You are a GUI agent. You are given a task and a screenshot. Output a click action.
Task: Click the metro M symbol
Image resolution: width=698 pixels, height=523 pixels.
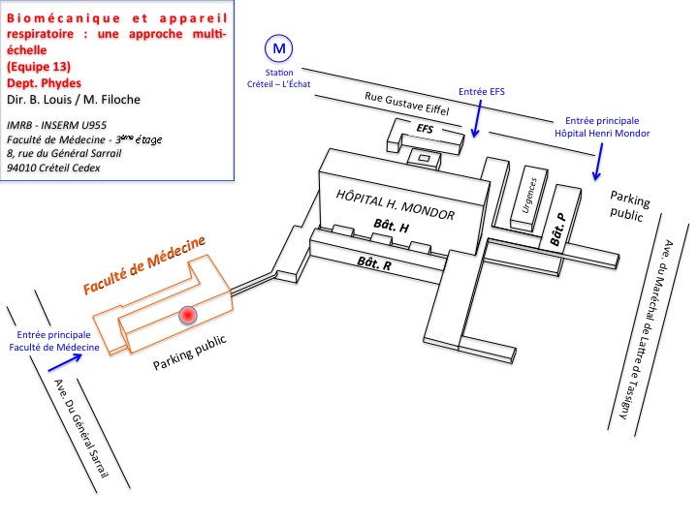click(278, 48)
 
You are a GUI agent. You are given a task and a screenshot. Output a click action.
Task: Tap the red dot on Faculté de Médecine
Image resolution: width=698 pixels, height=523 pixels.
click(188, 315)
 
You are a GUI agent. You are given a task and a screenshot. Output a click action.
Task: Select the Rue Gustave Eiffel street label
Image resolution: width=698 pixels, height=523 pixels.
click(407, 104)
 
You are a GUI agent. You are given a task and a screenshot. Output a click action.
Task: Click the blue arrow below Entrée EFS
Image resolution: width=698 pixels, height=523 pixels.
click(478, 119)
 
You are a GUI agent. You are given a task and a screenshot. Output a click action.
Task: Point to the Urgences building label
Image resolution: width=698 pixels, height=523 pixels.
click(529, 196)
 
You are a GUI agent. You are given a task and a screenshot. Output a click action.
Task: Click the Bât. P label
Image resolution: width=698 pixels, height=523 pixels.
click(557, 229)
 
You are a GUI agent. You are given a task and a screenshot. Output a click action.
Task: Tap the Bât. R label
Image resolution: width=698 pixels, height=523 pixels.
click(374, 263)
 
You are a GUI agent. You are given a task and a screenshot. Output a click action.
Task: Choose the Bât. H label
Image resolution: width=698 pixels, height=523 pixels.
click(392, 226)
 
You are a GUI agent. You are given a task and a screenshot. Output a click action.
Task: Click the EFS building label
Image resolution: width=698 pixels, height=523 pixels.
click(425, 129)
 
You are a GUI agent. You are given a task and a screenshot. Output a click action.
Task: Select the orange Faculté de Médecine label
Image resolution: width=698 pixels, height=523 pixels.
click(144, 264)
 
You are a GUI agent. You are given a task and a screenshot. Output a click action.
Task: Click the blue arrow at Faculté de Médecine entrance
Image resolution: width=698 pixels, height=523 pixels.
click(65, 362)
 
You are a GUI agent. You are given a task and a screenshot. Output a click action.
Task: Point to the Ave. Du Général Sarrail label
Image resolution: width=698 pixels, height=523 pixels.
click(81, 428)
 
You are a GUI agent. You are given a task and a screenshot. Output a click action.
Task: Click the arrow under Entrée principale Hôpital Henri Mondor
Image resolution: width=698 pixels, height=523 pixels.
click(598, 162)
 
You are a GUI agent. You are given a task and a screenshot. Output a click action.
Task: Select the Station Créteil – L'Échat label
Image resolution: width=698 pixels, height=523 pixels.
click(278, 78)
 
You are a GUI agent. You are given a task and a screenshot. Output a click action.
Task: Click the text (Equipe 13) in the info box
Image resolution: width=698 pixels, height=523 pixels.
click(39, 67)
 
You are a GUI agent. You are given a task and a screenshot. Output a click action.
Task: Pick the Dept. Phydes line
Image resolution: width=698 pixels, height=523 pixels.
click(44, 83)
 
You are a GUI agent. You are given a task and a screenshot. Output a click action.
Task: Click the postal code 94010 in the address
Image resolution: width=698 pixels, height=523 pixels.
click(21, 169)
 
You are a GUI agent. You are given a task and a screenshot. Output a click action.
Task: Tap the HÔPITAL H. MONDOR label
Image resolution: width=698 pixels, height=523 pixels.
click(396, 204)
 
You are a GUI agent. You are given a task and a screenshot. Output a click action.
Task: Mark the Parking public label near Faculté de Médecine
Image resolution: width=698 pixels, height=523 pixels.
click(190, 353)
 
